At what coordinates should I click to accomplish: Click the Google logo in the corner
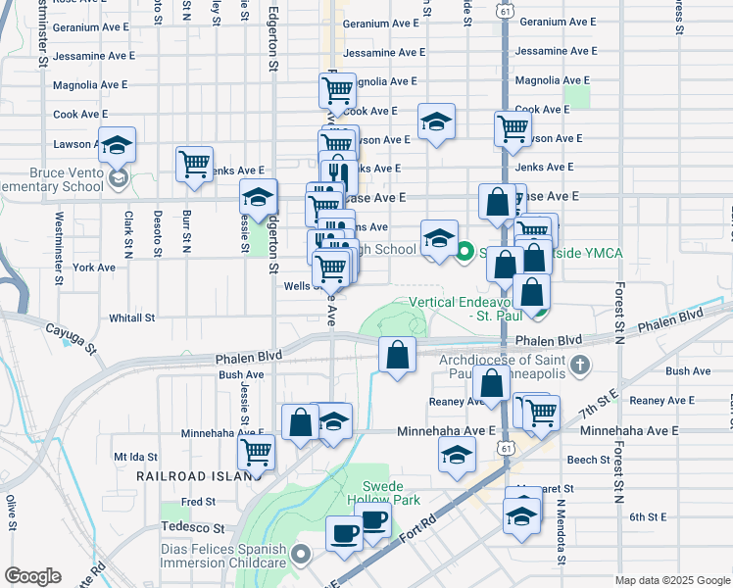coord(32,576)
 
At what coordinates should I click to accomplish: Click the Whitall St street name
coord(132,318)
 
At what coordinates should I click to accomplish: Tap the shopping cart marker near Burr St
coord(194,164)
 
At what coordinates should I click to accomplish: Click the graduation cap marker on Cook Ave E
coord(436,122)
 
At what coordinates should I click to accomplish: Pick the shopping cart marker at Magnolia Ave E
coord(337,91)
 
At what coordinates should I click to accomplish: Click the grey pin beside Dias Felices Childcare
coord(303,556)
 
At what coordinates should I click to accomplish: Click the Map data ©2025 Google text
coord(672,580)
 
